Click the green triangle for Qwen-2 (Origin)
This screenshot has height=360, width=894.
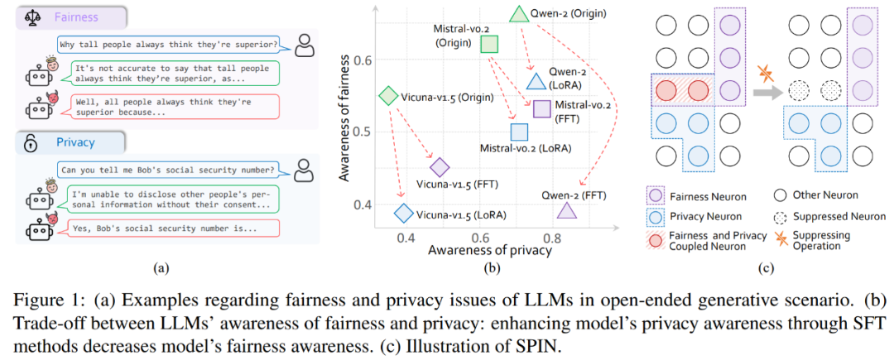point(519,13)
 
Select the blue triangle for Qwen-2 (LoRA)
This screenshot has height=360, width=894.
point(536,81)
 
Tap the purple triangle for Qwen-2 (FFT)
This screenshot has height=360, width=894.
point(566,211)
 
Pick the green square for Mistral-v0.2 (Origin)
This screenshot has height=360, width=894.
point(490,44)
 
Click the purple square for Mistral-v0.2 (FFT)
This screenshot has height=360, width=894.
point(542,108)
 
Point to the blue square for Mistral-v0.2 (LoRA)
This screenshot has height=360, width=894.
point(519,132)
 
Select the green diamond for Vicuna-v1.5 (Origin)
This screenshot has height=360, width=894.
point(387,95)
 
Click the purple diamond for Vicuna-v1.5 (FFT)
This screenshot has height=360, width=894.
point(439,168)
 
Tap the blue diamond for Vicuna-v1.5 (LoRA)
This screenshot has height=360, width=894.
point(403,214)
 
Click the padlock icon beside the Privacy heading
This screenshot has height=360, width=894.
point(31,142)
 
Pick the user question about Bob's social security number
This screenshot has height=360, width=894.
point(166,171)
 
